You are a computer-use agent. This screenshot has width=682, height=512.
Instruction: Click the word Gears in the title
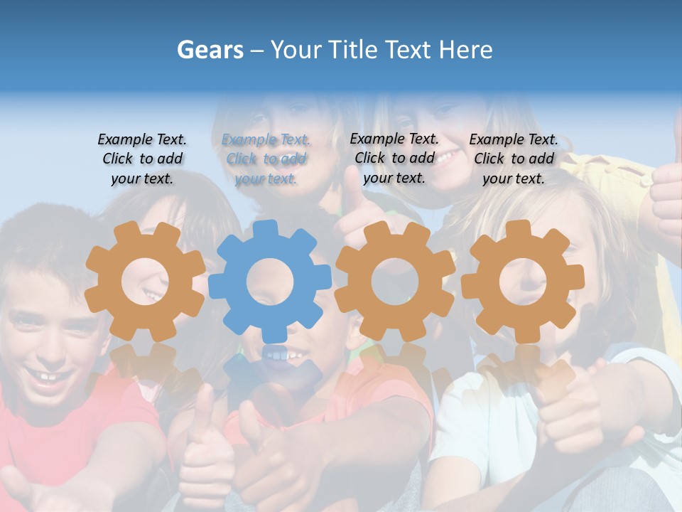210,50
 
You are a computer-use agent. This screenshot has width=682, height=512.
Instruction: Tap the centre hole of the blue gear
270,282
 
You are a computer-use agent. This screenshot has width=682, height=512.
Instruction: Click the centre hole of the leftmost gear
145,282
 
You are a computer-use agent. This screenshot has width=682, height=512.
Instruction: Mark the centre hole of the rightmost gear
523,281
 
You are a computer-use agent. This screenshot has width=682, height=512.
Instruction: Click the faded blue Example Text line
266,140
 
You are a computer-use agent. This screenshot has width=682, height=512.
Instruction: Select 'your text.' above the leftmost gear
142,178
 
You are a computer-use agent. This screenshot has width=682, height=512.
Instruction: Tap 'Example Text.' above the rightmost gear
514,139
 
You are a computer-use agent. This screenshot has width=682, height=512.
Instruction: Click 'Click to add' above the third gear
394,158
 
